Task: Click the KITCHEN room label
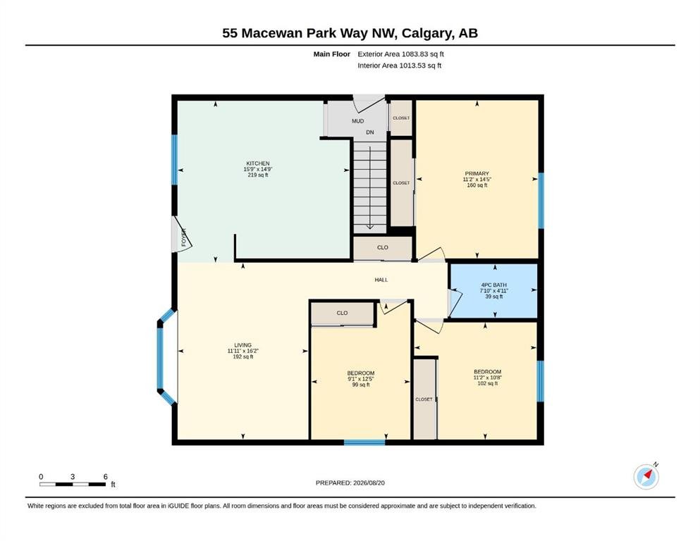point(257,163)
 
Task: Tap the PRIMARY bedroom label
point(477,173)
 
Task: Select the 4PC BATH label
point(493,285)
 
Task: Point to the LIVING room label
point(243,345)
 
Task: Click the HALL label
point(381,280)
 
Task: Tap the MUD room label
point(357,121)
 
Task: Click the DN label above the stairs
point(370,132)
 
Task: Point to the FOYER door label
point(183,237)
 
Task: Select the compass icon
point(646,476)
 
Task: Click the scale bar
point(73,484)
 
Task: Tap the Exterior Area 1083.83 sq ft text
point(400,54)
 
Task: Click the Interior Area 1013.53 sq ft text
point(400,66)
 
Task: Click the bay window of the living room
point(166,357)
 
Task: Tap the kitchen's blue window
point(175,160)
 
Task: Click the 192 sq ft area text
point(243,357)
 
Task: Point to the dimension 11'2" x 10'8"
point(488,378)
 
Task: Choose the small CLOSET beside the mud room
point(401,118)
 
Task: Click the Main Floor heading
point(332,54)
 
